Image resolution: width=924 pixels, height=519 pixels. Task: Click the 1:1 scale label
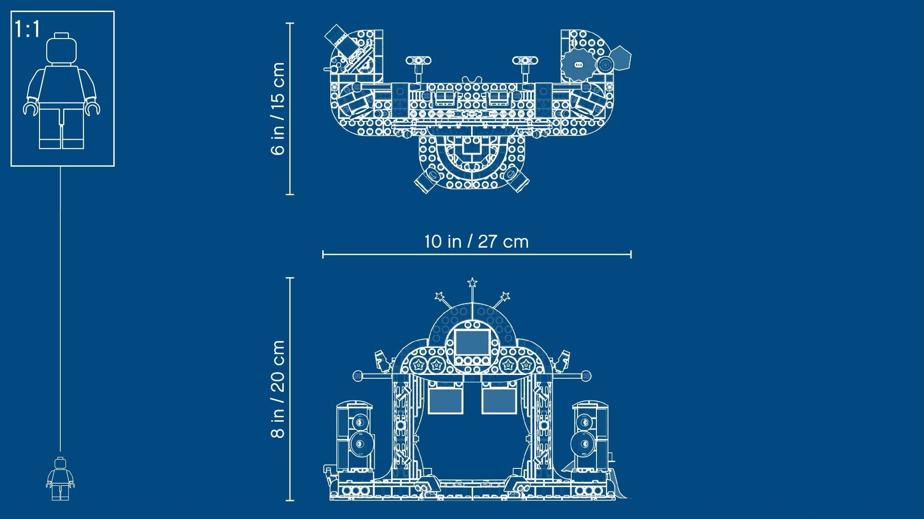pos(27,29)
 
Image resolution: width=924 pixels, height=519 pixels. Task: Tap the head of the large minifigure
pos(61,48)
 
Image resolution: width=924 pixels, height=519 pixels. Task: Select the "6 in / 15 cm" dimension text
pos(278,108)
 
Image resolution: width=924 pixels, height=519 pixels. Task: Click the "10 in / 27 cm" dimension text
pos(476,241)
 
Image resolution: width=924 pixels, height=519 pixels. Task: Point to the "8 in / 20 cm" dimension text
pos(278,389)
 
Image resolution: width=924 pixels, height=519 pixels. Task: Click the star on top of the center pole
pos(473,282)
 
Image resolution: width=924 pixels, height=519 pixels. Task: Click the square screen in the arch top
pos(472,343)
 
